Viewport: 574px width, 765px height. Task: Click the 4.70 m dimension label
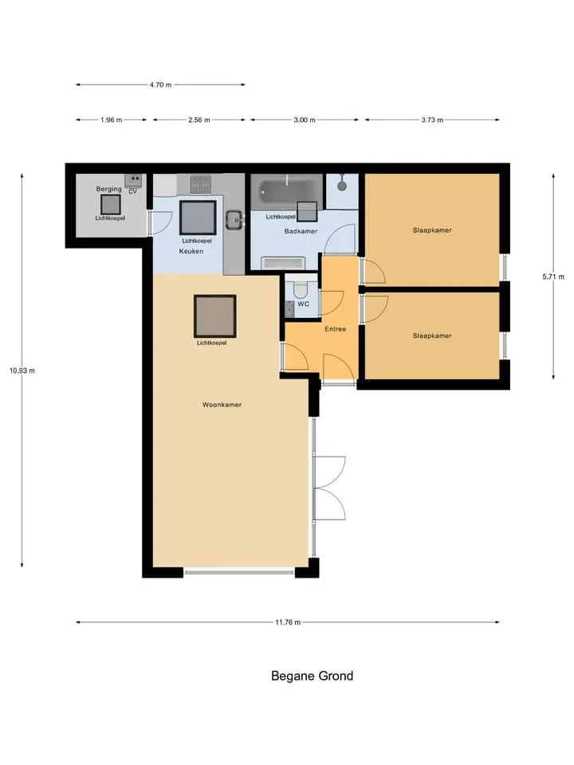point(160,85)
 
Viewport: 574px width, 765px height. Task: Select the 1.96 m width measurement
point(112,120)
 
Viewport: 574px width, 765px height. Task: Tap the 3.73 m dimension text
point(432,120)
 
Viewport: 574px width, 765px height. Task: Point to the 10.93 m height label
point(22,371)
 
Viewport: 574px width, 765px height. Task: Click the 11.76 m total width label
point(288,622)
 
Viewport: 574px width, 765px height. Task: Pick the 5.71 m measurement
point(553,277)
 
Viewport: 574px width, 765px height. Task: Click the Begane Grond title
point(312,677)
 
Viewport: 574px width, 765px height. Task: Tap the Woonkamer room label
point(222,405)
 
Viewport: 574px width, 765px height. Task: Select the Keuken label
point(191,251)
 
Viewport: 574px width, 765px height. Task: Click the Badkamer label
point(301,231)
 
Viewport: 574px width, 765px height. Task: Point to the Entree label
point(336,329)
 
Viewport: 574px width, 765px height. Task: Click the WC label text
point(303,304)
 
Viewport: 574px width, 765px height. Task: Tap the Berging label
point(109,189)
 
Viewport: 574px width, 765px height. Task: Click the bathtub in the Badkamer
point(286,192)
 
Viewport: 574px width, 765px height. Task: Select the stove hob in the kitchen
point(201,185)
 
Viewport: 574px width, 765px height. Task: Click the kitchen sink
point(234,220)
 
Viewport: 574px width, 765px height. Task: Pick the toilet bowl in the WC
point(301,290)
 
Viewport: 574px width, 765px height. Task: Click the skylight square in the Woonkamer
point(214,316)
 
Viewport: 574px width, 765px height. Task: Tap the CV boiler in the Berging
point(133,181)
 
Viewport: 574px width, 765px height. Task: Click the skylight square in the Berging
point(111,205)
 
